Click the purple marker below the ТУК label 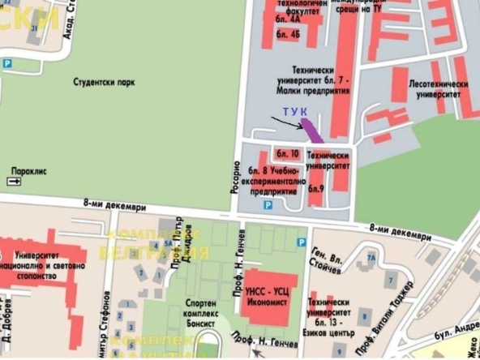click(311, 126)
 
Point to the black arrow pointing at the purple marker click(286, 122)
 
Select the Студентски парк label click(103, 83)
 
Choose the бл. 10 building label click(287, 153)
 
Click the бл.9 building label click(315, 189)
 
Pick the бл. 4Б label click(288, 36)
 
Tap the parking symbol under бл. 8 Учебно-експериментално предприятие click(268, 205)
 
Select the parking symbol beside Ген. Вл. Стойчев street click(302, 242)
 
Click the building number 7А click(371, 258)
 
